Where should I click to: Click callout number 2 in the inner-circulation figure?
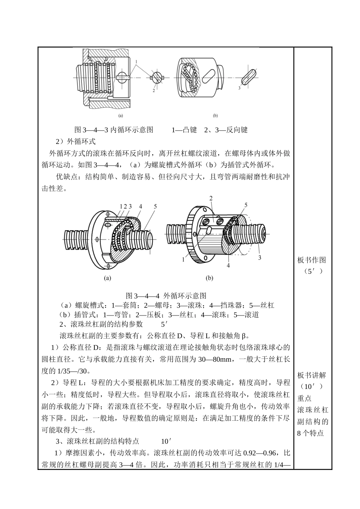(x=154, y=91)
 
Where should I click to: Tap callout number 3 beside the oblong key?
(x=239, y=88)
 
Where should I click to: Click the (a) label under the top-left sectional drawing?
(x=120, y=116)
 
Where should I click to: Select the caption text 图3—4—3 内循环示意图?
(x=114, y=130)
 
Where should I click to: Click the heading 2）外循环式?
(x=76, y=142)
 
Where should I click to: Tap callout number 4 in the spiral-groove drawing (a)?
(x=140, y=206)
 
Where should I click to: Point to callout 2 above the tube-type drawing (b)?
(x=211, y=198)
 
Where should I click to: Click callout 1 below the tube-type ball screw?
(x=183, y=259)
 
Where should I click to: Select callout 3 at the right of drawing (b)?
(x=260, y=258)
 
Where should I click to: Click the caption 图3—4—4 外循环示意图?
(x=166, y=295)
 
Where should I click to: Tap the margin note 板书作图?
(x=311, y=260)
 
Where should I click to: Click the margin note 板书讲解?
(x=311, y=375)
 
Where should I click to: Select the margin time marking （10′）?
(x=311, y=387)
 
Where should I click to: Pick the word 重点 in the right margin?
(x=305, y=398)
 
